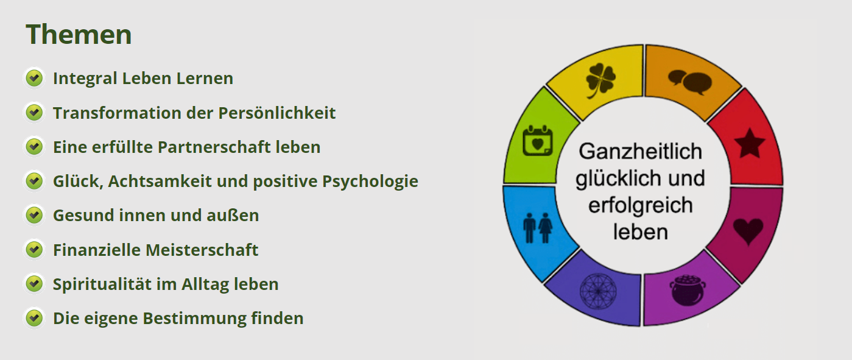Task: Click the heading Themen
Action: (x=79, y=34)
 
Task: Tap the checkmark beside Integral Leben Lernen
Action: (x=34, y=78)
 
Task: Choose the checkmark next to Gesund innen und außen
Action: (x=34, y=215)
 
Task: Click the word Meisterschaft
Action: (x=202, y=250)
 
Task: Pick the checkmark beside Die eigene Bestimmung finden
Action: (x=34, y=318)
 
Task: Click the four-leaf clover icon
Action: (x=600, y=80)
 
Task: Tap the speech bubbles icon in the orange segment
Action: (x=690, y=82)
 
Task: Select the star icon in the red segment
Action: (x=749, y=143)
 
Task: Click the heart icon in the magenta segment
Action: (x=748, y=231)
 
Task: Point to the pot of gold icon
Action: (x=688, y=290)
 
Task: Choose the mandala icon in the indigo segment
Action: (x=598, y=292)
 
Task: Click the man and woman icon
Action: (x=537, y=228)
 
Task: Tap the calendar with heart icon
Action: (x=537, y=141)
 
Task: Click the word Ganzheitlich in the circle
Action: (x=641, y=152)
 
